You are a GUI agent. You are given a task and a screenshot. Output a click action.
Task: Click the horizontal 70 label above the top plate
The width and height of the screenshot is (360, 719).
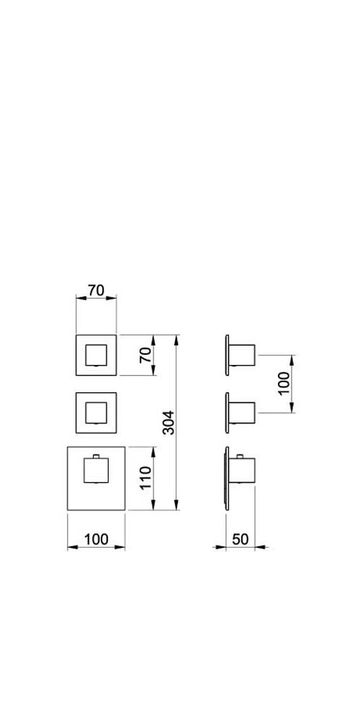(x=96, y=290)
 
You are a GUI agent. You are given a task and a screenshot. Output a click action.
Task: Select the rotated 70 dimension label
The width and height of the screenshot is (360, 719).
(x=145, y=356)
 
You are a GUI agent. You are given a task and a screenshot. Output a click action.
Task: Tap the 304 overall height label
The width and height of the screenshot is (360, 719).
(x=168, y=422)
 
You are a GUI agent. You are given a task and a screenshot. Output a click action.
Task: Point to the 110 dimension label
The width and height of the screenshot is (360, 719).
(x=145, y=477)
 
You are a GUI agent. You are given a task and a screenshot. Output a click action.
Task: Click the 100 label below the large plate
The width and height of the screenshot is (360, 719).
(x=96, y=539)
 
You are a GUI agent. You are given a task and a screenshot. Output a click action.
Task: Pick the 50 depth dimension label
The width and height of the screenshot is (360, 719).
(x=240, y=539)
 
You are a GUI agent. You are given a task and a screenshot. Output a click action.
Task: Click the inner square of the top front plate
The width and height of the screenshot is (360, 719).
(x=96, y=356)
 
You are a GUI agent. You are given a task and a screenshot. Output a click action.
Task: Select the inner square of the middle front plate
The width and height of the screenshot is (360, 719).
(x=96, y=412)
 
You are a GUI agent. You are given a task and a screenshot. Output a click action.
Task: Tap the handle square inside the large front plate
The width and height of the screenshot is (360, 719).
(x=96, y=471)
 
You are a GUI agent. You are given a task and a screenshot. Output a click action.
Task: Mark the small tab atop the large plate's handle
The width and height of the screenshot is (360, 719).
(x=96, y=456)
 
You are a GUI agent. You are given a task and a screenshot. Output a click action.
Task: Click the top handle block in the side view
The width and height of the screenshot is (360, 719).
(x=242, y=355)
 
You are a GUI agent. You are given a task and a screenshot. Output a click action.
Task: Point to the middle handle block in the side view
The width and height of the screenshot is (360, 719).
(x=242, y=412)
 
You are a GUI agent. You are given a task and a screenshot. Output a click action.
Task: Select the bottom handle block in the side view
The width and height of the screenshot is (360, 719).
(x=242, y=470)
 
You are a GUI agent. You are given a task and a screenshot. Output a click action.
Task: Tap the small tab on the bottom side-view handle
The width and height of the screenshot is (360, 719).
(x=240, y=456)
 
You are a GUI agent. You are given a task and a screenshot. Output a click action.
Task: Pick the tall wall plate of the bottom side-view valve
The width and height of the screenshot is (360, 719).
(x=227, y=479)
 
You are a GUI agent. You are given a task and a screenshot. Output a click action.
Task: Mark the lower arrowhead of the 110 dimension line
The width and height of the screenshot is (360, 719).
(x=153, y=505)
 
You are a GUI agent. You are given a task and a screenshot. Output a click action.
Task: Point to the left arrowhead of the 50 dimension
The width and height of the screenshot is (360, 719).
(x=220, y=547)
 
